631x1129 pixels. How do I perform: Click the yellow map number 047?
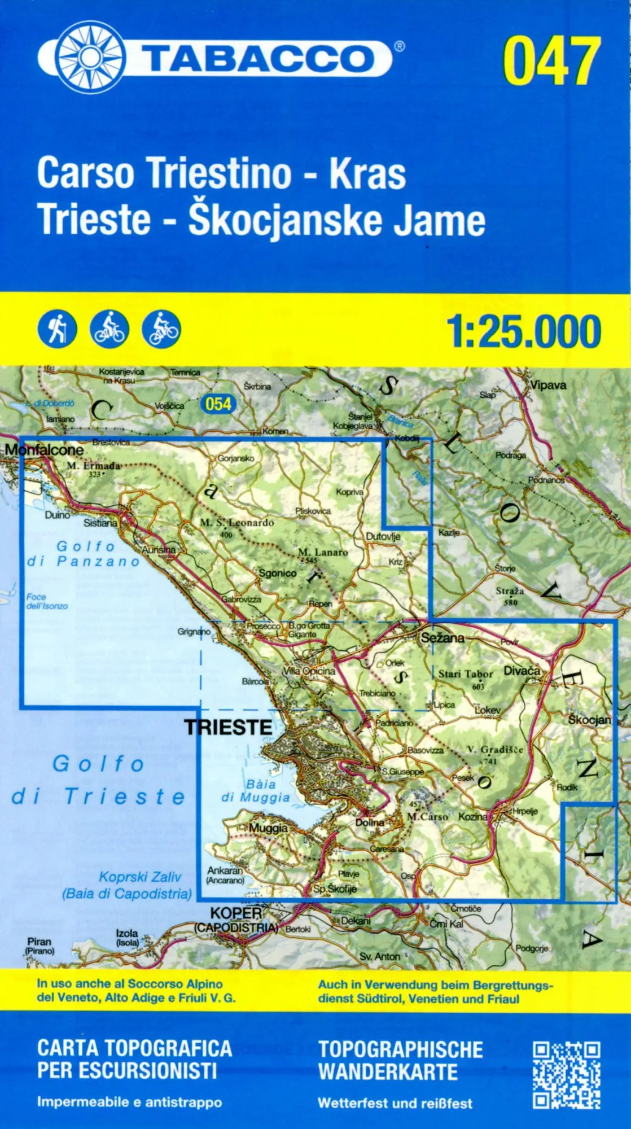552,60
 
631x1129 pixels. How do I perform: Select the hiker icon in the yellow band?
57,329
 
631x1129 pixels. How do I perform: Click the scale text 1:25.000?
524,332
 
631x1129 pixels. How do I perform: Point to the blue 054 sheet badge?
218,404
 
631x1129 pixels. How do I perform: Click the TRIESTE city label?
228,727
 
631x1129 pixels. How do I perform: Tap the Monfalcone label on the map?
44,450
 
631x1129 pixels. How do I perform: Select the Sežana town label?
443,638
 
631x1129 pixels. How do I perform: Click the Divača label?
522,671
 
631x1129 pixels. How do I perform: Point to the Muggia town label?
269,828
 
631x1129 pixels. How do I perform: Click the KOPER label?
236,913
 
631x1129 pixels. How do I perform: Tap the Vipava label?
548,385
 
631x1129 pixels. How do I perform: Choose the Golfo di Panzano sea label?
84,554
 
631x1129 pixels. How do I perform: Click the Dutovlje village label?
383,536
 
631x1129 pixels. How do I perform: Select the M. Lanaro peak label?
323,552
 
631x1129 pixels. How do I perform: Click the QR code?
566,1075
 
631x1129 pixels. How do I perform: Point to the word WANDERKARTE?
388,1071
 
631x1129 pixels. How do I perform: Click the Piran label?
39,942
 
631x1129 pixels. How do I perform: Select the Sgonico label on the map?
277,573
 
